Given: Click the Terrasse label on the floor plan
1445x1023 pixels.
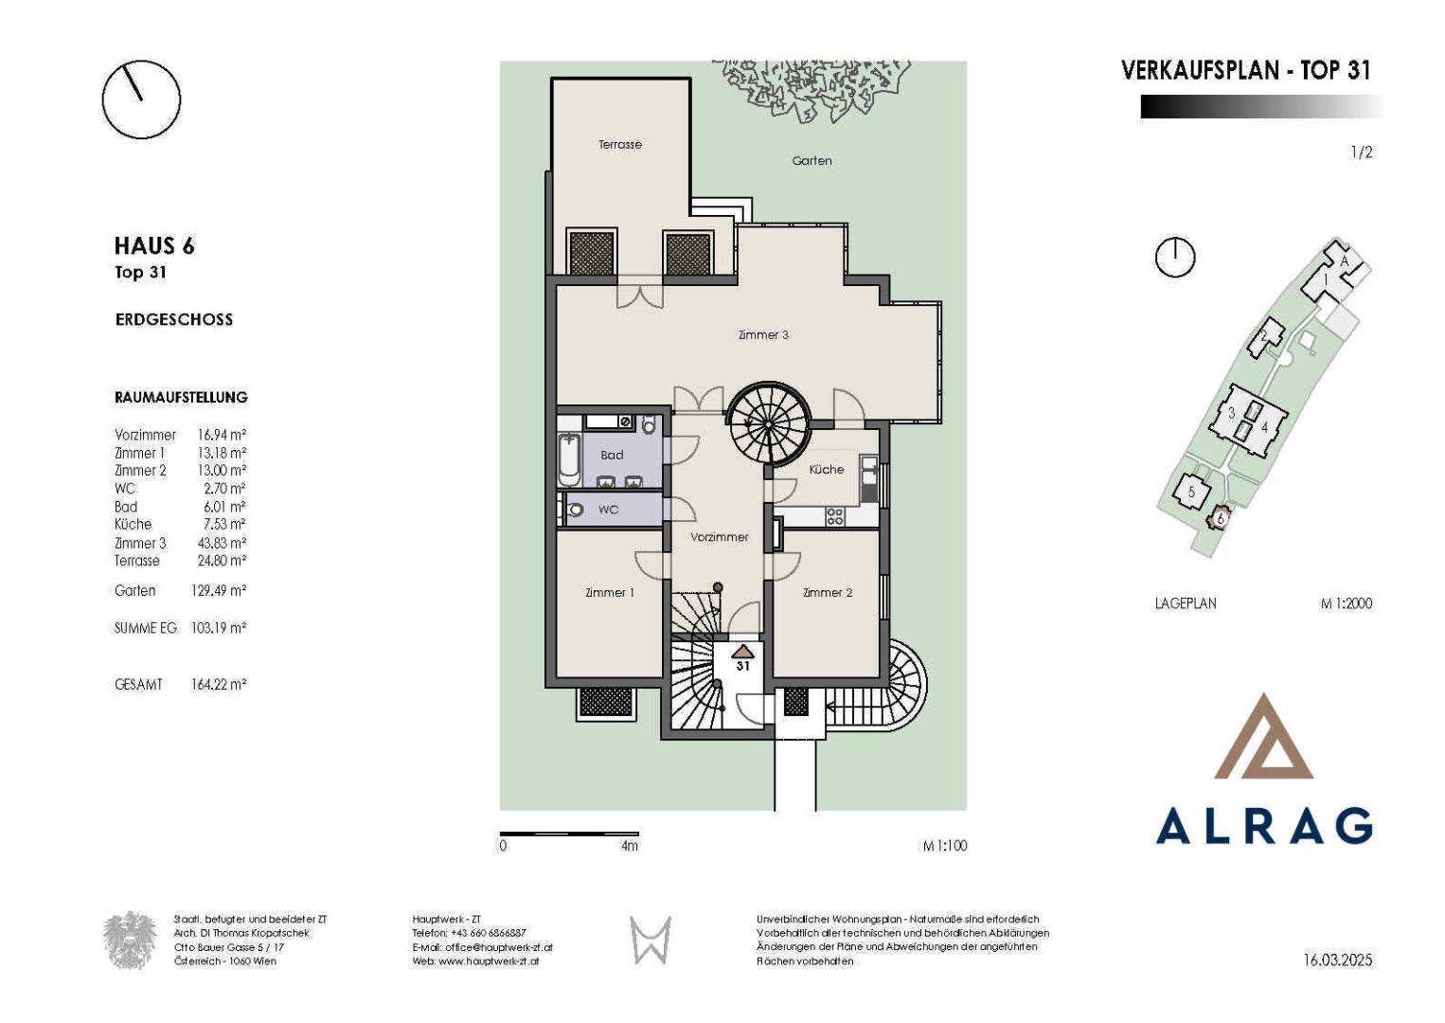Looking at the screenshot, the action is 620,145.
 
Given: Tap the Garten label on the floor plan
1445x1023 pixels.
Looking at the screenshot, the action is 812,161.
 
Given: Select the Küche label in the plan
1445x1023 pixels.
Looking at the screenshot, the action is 827,469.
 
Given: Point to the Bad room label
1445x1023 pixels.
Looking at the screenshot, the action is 612,455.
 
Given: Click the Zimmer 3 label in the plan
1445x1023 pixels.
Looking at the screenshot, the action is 763,335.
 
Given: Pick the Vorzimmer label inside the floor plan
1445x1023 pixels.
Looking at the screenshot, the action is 720,537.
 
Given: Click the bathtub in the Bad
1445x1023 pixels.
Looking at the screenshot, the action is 570,460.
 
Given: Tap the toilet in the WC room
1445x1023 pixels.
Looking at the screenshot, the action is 573,510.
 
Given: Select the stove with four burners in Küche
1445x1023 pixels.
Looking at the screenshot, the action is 835,516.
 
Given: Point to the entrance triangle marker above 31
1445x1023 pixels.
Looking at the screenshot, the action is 743,651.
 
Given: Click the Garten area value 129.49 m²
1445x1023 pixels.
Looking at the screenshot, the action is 219,590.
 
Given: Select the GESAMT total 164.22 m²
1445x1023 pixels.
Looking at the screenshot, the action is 219,684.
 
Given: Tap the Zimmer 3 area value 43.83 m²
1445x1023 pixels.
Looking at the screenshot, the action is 222,543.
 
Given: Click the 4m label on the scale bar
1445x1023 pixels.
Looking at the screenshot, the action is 630,846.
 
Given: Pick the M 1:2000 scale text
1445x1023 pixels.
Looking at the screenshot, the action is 1347,603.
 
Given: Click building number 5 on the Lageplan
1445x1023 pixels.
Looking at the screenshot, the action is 1191,492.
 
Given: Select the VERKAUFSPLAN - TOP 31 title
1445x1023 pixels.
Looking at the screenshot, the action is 1246,70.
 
